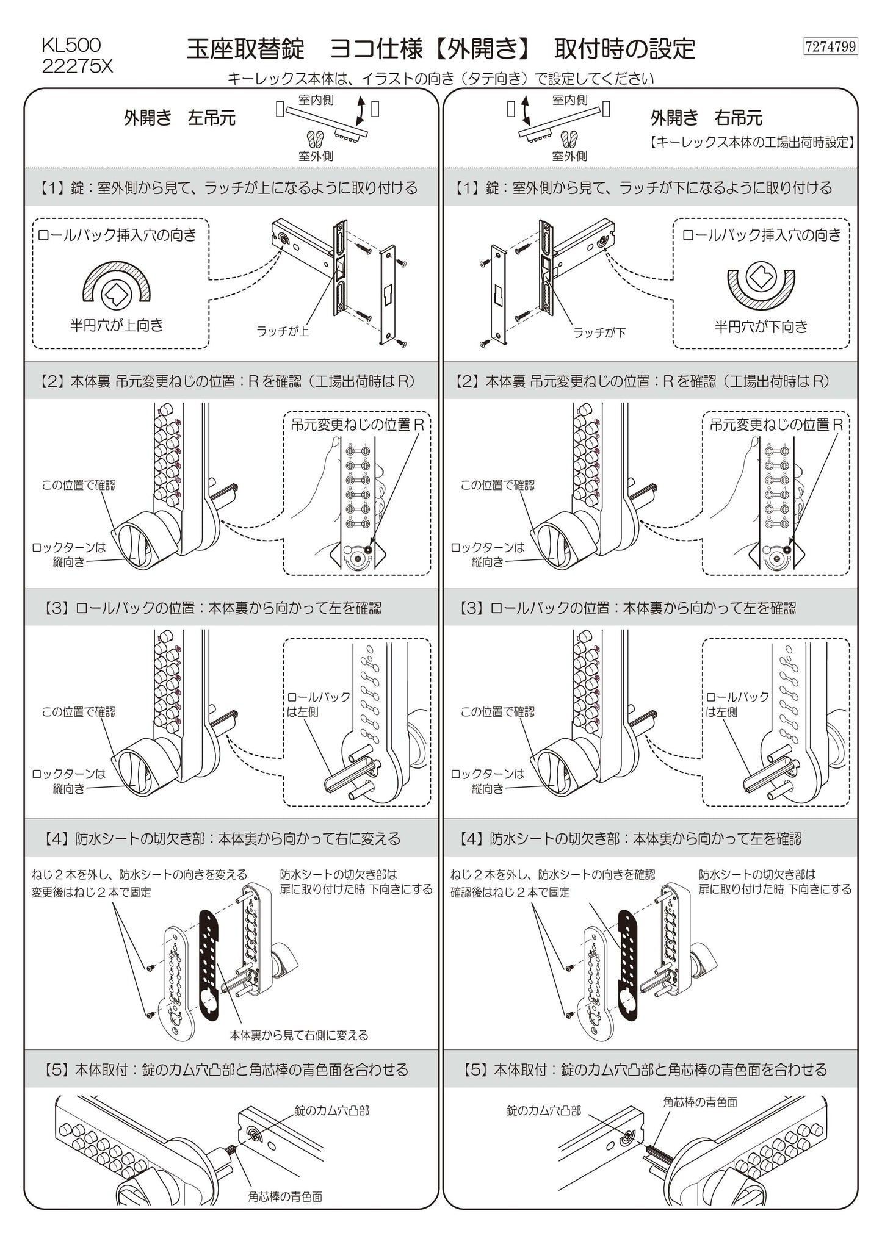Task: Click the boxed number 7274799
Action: click(831, 46)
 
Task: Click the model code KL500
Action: click(71, 45)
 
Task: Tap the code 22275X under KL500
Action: click(78, 66)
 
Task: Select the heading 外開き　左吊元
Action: click(179, 118)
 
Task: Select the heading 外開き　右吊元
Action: click(706, 118)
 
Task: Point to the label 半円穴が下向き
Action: click(761, 326)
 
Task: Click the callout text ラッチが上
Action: click(283, 332)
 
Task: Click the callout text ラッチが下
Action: click(599, 332)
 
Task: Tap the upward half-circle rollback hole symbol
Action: click(117, 283)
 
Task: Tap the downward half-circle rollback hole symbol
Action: click(761, 282)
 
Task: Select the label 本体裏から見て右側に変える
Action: click(299, 1035)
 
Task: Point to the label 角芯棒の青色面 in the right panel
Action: click(700, 1102)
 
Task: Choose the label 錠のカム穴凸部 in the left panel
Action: click(332, 1110)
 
